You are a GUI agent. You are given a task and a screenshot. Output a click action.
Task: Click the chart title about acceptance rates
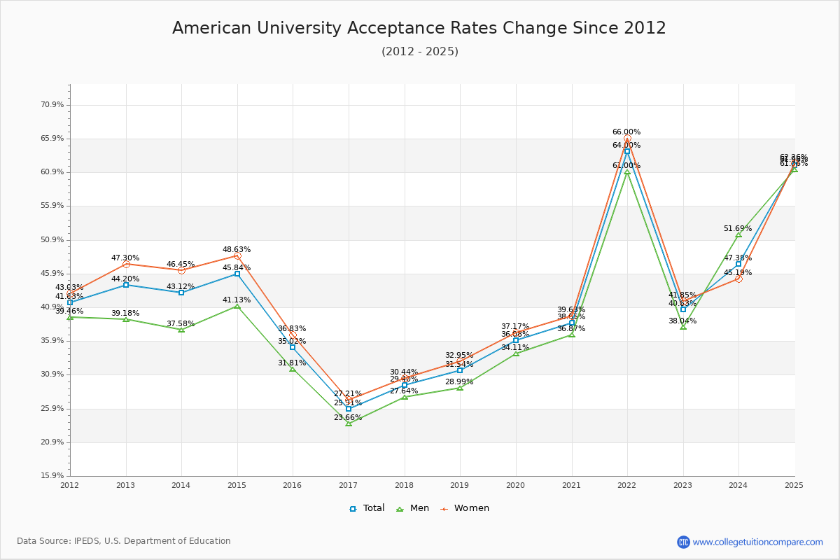(419, 28)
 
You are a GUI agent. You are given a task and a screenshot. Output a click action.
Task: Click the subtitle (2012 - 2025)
(419, 51)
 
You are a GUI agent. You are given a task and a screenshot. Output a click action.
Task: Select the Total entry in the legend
(367, 508)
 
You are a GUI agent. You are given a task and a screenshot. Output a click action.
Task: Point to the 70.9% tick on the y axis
(52, 104)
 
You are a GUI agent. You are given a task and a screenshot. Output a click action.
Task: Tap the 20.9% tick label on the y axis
(52, 442)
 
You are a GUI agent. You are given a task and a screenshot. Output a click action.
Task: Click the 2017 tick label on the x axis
(348, 484)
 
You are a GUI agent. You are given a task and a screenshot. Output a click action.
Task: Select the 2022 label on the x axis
(626, 484)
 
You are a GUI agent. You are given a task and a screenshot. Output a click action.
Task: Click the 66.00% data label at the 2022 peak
(626, 132)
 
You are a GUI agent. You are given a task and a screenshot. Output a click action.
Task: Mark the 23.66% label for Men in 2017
(348, 417)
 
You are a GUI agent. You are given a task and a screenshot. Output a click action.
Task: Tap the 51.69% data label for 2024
(738, 228)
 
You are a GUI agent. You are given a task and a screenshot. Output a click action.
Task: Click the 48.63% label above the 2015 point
(237, 249)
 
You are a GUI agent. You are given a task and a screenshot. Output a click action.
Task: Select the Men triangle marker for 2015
(237, 306)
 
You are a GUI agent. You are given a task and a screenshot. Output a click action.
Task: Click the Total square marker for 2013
(126, 285)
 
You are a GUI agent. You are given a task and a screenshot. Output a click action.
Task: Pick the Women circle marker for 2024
(738, 279)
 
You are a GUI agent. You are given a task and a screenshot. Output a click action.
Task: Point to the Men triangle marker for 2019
(460, 387)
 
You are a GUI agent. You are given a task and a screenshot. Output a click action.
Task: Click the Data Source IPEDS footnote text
(124, 541)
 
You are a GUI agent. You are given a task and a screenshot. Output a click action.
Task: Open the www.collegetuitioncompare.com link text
(757, 542)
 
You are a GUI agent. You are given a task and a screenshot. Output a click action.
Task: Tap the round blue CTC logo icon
(683, 542)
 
